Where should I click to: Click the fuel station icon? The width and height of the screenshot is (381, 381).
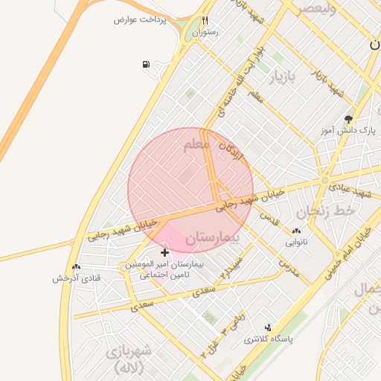145,63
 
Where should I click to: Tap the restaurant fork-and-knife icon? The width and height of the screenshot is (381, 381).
205,21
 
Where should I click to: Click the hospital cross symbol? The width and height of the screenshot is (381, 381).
164,253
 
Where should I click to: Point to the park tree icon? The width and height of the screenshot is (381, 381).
348,118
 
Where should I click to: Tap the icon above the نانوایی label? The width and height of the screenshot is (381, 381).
298,231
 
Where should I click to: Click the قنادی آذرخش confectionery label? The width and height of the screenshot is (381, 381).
76,278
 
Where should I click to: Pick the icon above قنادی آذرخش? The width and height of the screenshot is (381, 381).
76,267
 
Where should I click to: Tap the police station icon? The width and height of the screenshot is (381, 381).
268,327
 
